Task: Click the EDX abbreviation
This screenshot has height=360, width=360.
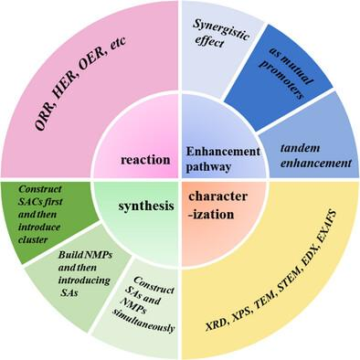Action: pos(313,263)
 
